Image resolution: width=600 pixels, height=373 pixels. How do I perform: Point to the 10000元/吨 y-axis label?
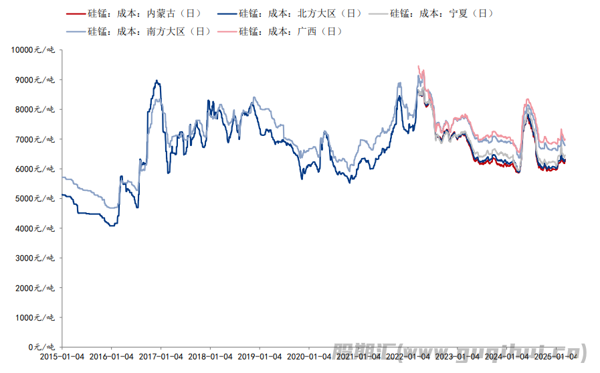click(33, 50)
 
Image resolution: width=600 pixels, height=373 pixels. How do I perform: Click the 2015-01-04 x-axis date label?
click(62, 357)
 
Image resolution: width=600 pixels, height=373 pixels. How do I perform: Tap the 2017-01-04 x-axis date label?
click(161, 357)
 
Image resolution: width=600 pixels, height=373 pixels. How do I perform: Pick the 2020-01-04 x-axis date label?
click(308, 357)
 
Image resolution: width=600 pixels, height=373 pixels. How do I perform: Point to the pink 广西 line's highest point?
click(419, 66)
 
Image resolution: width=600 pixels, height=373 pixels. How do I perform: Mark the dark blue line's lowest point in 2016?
click(111, 226)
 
